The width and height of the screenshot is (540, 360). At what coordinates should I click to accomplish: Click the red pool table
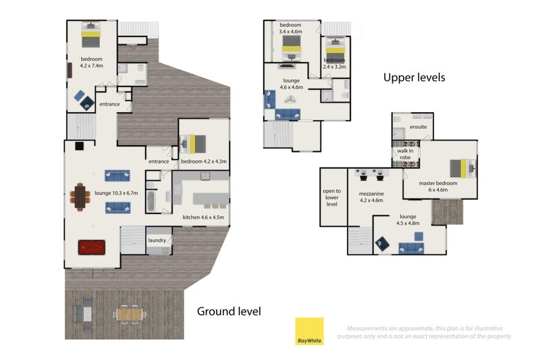(92, 247)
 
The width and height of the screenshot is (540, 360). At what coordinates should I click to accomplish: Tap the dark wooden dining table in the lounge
(80, 197)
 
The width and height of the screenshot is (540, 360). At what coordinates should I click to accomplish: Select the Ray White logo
(309, 331)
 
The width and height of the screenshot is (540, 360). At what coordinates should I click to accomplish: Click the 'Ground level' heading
(229, 311)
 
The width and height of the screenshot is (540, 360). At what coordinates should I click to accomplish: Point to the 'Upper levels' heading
(414, 78)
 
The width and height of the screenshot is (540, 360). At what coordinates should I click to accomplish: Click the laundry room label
(157, 240)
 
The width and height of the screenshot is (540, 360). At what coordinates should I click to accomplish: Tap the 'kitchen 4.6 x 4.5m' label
(203, 217)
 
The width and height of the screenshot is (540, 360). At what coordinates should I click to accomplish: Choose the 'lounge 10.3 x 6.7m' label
(116, 193)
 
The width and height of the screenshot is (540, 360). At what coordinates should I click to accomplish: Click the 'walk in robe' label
(405, 154)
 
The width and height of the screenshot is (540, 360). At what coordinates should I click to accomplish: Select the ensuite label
(418, 127)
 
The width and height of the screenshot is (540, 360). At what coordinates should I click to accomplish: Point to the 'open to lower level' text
(331, 197)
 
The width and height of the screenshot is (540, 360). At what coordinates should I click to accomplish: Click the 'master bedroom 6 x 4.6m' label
(438, 186)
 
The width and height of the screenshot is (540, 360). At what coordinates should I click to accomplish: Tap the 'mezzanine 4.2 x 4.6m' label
(371, 197)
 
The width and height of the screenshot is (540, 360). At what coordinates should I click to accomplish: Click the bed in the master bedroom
(463, 168)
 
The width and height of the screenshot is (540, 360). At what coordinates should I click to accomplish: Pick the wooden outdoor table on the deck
(130, 314)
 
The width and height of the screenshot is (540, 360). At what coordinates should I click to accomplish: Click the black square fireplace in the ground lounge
(79, 146)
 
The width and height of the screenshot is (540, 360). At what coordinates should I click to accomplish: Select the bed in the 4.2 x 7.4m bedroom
(91, 34)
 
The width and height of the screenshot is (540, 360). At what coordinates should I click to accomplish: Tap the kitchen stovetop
(205, 176)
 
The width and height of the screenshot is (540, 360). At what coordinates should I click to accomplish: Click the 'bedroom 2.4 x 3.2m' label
(334, 63)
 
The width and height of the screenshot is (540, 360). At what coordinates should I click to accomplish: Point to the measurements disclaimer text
(425, 332)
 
